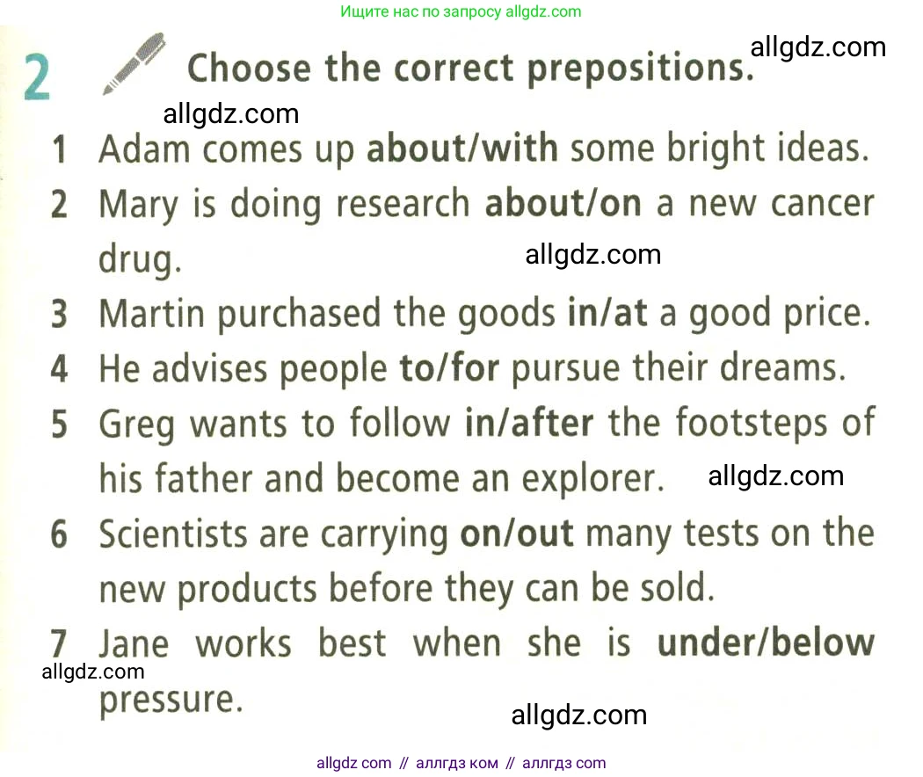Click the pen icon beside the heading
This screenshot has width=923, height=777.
[134, 63]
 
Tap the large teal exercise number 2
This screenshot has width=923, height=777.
[37, 78]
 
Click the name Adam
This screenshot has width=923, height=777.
[144, 149]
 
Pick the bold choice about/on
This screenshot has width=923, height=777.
[563, 203]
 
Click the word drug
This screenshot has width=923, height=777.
[140, 259]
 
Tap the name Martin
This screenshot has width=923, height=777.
[152, 313]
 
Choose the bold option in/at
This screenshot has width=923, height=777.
[607, 313]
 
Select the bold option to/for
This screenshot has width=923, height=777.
[449, 368]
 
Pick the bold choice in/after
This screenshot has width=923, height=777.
[528, 423]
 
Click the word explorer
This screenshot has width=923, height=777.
[593, 479]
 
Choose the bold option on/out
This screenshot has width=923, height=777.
[516, 534]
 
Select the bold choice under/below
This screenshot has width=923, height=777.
[766, 643]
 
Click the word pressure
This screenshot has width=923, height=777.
[171, 701]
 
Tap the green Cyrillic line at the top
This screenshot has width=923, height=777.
[461, 11]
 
